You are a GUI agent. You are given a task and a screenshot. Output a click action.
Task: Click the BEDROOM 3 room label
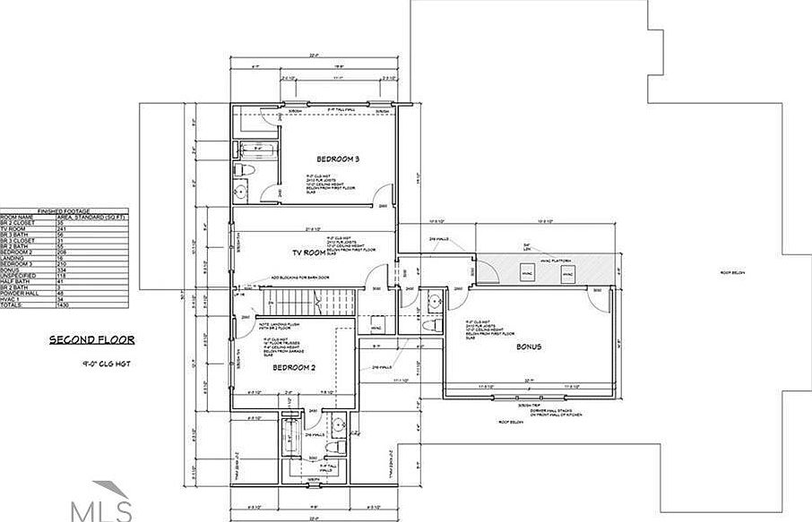point(338,159)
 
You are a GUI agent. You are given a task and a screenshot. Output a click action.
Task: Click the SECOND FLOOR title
point(91,340)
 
